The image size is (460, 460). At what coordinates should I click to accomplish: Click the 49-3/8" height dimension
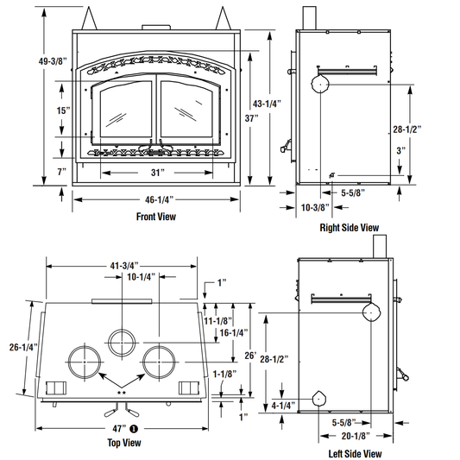pos(53,61)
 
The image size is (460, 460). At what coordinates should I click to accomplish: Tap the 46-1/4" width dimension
pos(160,199)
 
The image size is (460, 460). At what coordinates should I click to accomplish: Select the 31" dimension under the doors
pos(158,173)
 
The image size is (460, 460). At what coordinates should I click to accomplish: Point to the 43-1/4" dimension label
pos(267,104)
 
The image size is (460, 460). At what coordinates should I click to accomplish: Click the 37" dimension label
pos(252,118)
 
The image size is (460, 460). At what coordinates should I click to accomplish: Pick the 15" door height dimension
pos(63,110)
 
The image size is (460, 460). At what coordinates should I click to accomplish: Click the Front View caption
pos(156,217)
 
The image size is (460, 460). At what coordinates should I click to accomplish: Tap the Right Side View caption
pos(350,228)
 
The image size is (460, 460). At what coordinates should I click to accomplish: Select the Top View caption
pos(124,443)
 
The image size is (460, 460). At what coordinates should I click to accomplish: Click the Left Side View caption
pos(355,454)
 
